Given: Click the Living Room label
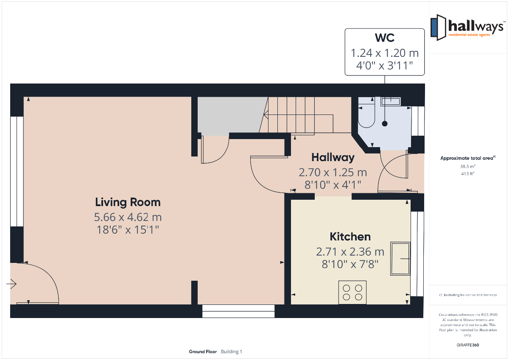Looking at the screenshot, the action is pyautogui.click(x=128, y=202).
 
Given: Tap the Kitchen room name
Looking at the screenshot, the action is pyautogui.click(x=350, y=237).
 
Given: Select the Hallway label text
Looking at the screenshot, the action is pyautogui.click(x=333, y=157).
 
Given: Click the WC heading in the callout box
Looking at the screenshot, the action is pyautogui.click(x=384, y=38).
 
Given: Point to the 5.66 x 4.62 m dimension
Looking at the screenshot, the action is pyautogui.click(x=128, y=217).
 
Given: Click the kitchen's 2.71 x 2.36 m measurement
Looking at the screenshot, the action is pyautogui.click(x=350, y=251).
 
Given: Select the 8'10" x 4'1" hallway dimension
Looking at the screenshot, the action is pyautogui.click(x=333, y=185).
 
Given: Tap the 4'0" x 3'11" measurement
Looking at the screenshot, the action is pyautogui.click(x=384, y=66).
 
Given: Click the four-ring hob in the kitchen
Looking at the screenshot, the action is pyautogui.click(x=352, y=292).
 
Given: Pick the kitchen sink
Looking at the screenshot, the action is pyautogui.click(x=400, y=259).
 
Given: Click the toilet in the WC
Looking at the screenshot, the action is pyautogui.click(x=366, y=112).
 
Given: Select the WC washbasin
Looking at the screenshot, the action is pyautogui.click(x=391, y=101).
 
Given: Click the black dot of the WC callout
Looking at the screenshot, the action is pyautogui.click(x=385, y=124).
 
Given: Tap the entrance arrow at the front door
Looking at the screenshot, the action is pyautogui.click(x=11, y=284).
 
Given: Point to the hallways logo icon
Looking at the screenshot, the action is pyautogui.click(x=438, y=28).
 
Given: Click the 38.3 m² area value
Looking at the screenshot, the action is pyautogui.click(x=468, y=167).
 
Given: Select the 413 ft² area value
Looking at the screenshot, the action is pyautogui.click(x=468, y=174).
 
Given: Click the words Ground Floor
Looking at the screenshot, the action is pyautogui.click(x=203, y=352).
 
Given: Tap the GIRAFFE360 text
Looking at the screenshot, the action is pyautogui.click(x=467, y=345).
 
